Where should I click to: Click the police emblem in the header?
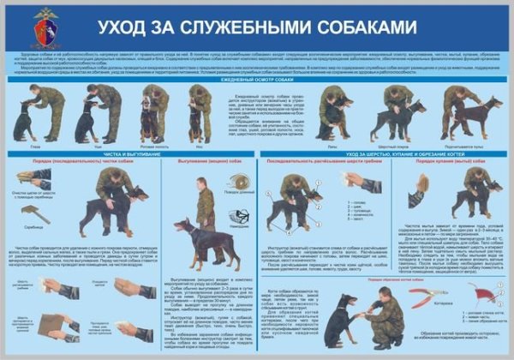pyautogui.click(x=45, y=27)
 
